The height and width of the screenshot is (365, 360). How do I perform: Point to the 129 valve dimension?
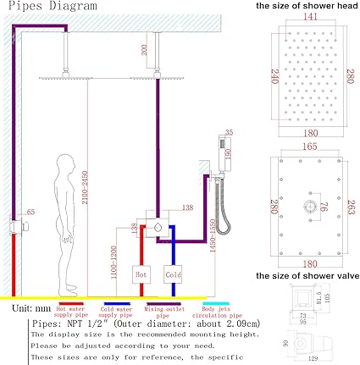313,357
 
